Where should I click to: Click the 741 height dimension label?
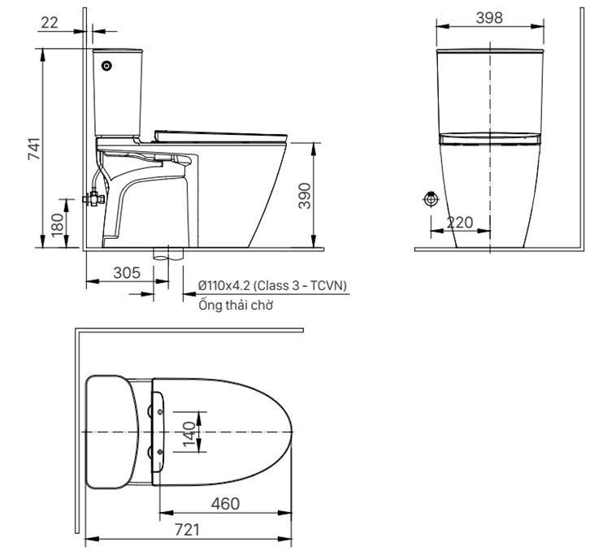[x=34, y=149]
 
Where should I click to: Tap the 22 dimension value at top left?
[x=50, y=23]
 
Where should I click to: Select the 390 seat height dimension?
[x=305, y=196]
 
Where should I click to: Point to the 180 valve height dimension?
[x=58, y=224]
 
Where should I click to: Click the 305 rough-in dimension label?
[x=127, y=272]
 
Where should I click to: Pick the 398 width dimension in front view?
[x=489, y=18]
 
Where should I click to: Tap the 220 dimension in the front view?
[x=460, y=223]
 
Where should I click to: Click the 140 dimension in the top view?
[x=189, y=434]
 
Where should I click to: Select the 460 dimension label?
[x=225, y=504]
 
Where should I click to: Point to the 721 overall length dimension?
[x=187, y=530]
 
